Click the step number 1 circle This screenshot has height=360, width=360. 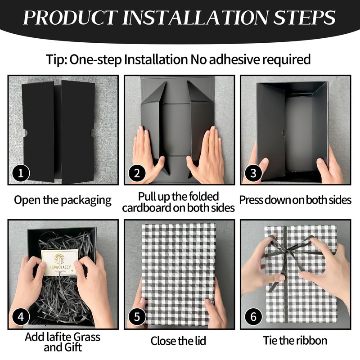(x=21, y=173)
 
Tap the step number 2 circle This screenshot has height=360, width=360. (x=137, y=173)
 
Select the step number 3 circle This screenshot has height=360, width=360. (x=253, y=173)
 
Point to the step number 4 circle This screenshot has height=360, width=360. (x=21, y=317)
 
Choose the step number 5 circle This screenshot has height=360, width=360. (x=137, y=317)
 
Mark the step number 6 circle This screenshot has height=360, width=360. (x=253, y=317)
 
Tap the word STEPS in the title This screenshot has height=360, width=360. (x=305, y=17)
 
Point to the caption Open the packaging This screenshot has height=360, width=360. (x=63, y=200)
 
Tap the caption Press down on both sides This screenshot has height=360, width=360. (x=295, y=200)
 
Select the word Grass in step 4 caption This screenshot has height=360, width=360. (x=86, y=337)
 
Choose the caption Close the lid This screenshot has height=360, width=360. (x=178, y=341)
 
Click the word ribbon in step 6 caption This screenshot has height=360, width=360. (x=311, y=340)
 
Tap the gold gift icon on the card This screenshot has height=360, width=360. (x=59, y=259)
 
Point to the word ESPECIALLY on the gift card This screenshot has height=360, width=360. (x=61, y=267)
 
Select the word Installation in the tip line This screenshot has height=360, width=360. (x=156, y=59)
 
